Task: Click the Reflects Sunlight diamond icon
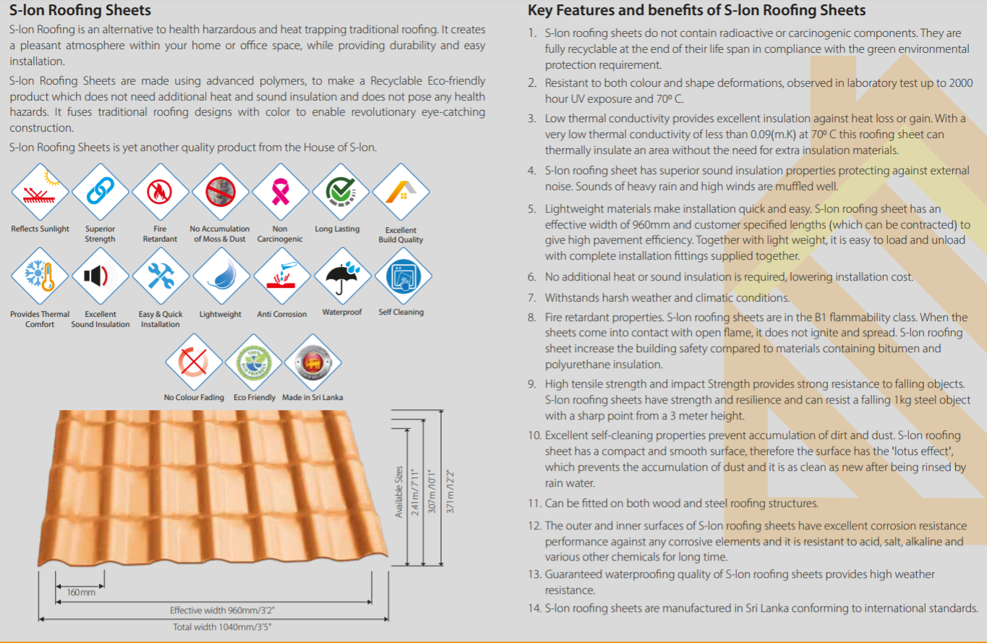tap(40, 192)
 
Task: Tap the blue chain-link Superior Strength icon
tap(100, 192)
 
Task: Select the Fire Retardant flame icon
tap(160, 192)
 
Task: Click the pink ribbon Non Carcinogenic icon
tap(281, 192)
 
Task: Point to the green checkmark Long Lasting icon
tap(341, 192)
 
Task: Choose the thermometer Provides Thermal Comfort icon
tap(40, 276)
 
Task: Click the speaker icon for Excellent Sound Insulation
tap(100, 276)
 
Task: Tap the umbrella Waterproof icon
tap(343, 276)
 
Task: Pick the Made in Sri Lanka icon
tap(313, 362)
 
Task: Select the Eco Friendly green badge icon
tap(253, 362)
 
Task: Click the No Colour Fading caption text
tap(194, 398)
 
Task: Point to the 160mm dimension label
tap(81, 592)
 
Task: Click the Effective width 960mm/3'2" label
tap(222, 610)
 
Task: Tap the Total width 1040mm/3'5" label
tap(222, 627)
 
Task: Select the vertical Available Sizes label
tap(398, 491)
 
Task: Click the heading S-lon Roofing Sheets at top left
tap(80, 9)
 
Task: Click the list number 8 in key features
tap(532, 318)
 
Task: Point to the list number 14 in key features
tap(534, 608)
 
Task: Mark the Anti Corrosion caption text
tap(282, 314)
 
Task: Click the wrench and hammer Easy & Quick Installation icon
tap(161, 276)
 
